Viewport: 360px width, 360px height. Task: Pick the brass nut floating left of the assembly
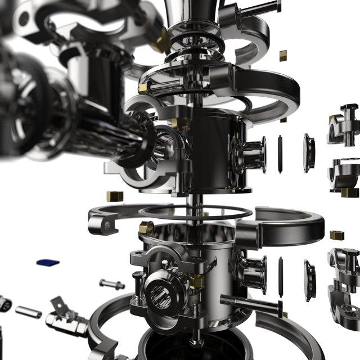tap(114, 196)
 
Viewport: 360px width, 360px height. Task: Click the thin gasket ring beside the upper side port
tap(280, 154)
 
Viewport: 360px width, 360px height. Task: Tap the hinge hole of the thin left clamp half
tap(107, 224)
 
